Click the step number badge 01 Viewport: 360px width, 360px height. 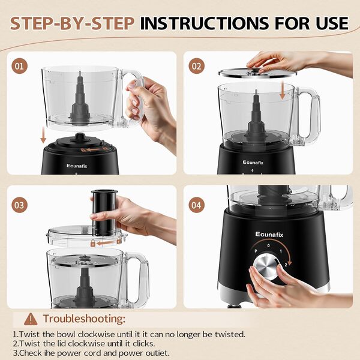(x=20, y=66)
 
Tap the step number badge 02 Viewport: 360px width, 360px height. (x=196, y=66)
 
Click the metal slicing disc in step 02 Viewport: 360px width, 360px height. (x=257, y=72)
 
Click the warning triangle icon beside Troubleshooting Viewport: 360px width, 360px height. (x=31, y=319)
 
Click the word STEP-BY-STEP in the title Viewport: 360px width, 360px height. (x=72, y=23)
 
